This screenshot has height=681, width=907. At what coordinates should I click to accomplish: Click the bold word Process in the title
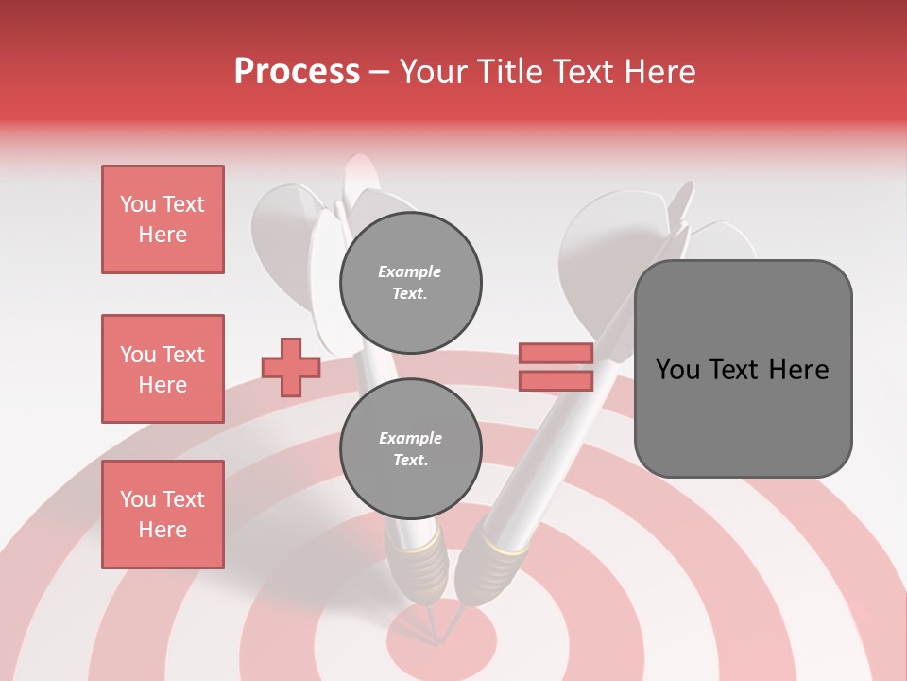coord(297,72)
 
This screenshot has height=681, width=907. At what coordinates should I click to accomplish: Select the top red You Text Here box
coord(163,219)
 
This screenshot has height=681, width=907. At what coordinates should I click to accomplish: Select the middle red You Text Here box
coord(163,369)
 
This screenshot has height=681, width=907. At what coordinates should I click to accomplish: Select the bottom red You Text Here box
coord(163,515)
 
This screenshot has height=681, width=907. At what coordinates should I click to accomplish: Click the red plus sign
coord(291,367)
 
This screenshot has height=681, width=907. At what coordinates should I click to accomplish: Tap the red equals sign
coord(556,367)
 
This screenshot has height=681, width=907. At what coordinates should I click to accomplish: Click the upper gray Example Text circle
coord(410,283)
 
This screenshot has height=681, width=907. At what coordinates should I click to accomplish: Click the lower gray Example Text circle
coord(410,449)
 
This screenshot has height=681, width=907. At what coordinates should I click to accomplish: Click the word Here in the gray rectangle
coord(799,370)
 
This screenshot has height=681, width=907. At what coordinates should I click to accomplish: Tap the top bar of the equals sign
coord(556,354)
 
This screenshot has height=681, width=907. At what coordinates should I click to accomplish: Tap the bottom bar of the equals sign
coord(556,380)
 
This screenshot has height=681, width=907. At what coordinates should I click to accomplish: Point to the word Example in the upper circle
coord(410,272)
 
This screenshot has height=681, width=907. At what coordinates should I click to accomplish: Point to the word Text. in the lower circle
coord(410,461)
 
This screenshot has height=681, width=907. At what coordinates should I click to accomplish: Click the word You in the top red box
coord(138,204)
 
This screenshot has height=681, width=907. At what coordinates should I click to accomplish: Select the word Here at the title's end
coord(660,72)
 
